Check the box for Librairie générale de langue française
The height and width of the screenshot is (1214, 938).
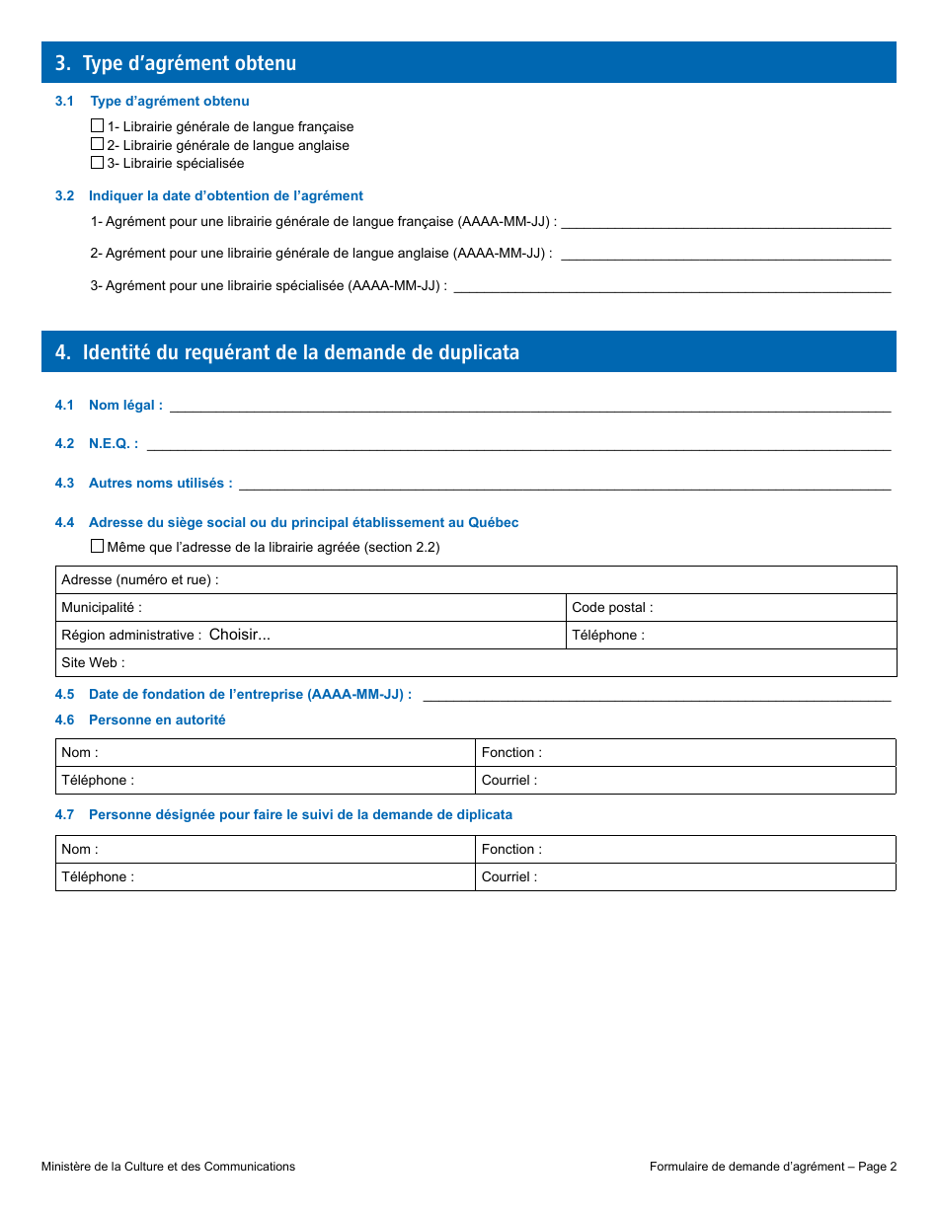pos(97,126)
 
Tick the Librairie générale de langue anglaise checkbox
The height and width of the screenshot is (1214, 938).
pos(97,144)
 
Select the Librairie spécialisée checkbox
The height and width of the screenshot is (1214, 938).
pos(97,163)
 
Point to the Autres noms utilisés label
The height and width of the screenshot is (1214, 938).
pos(160,484)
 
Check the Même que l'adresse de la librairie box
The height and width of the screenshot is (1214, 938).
pos(97,546)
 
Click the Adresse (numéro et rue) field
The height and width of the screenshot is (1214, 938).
pos(553,580)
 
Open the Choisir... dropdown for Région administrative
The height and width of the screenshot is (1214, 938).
pos(240,635)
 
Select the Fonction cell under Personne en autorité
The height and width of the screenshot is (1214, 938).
pos(716,753)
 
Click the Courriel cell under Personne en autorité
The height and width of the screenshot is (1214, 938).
pos(716,781)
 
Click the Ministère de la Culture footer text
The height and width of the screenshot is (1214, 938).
pos(168,1167)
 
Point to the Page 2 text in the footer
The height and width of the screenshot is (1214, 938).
pos(877,1167)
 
